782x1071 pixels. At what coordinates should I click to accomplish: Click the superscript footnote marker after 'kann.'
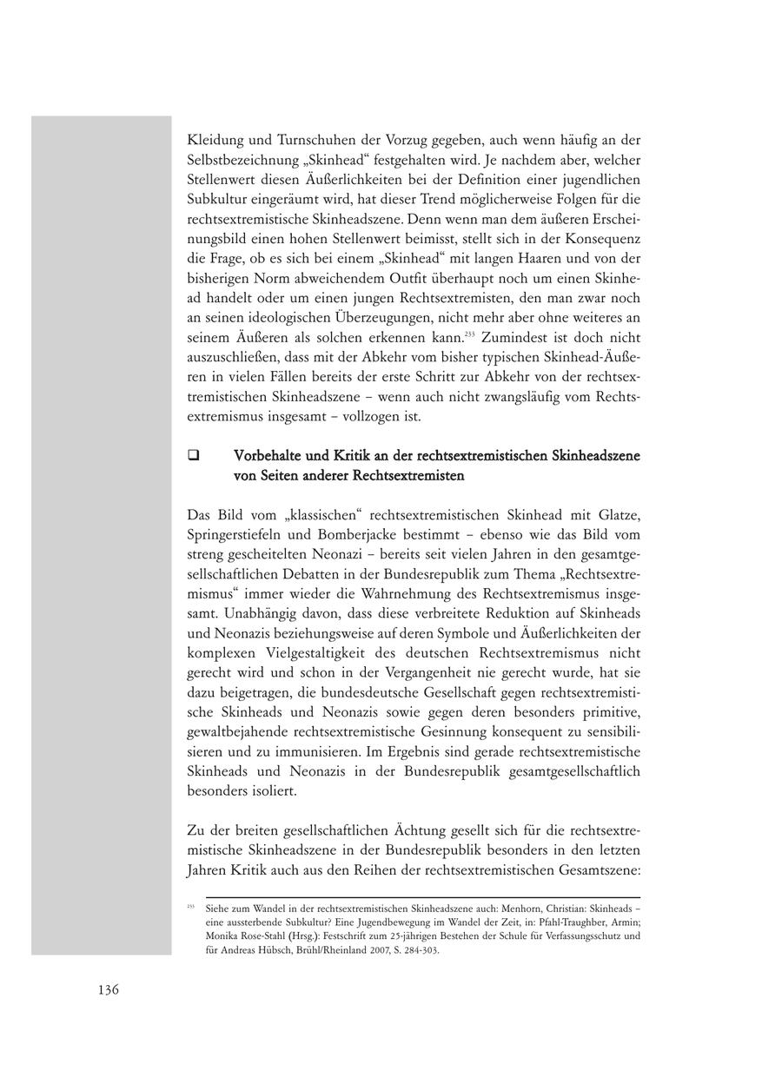468,333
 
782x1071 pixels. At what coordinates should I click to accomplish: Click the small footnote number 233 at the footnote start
189,906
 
